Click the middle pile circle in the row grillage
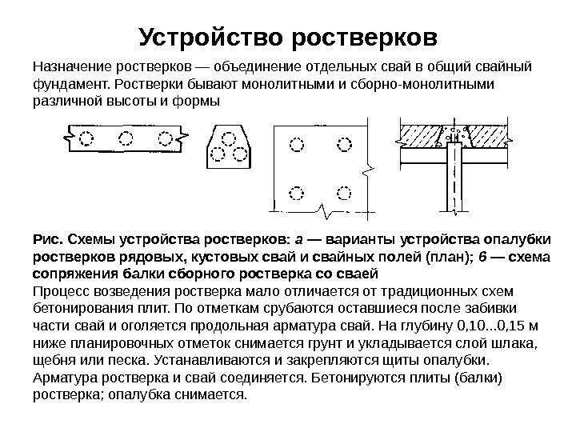126,138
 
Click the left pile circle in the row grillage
86,138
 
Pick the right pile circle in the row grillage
166,138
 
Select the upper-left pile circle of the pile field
297,146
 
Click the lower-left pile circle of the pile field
297,192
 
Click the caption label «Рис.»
49,239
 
